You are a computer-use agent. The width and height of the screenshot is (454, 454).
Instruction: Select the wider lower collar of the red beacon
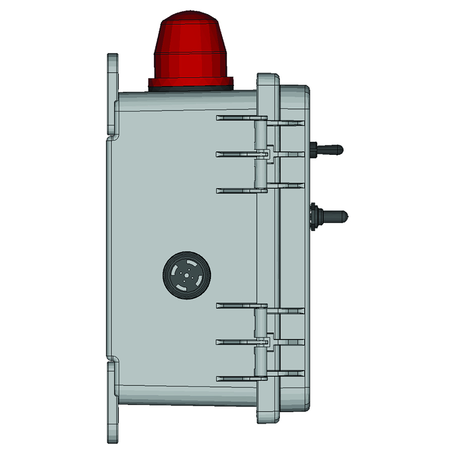(x=191, y=66)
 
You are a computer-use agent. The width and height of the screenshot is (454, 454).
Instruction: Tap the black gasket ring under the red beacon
(x=191, y=88)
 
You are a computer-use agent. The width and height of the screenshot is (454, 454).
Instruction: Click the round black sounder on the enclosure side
(x=187, y=275)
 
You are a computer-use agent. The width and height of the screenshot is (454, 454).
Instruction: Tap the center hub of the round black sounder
(x=187, y=275)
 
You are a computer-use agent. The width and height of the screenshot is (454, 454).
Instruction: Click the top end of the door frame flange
(x=268, y=80)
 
